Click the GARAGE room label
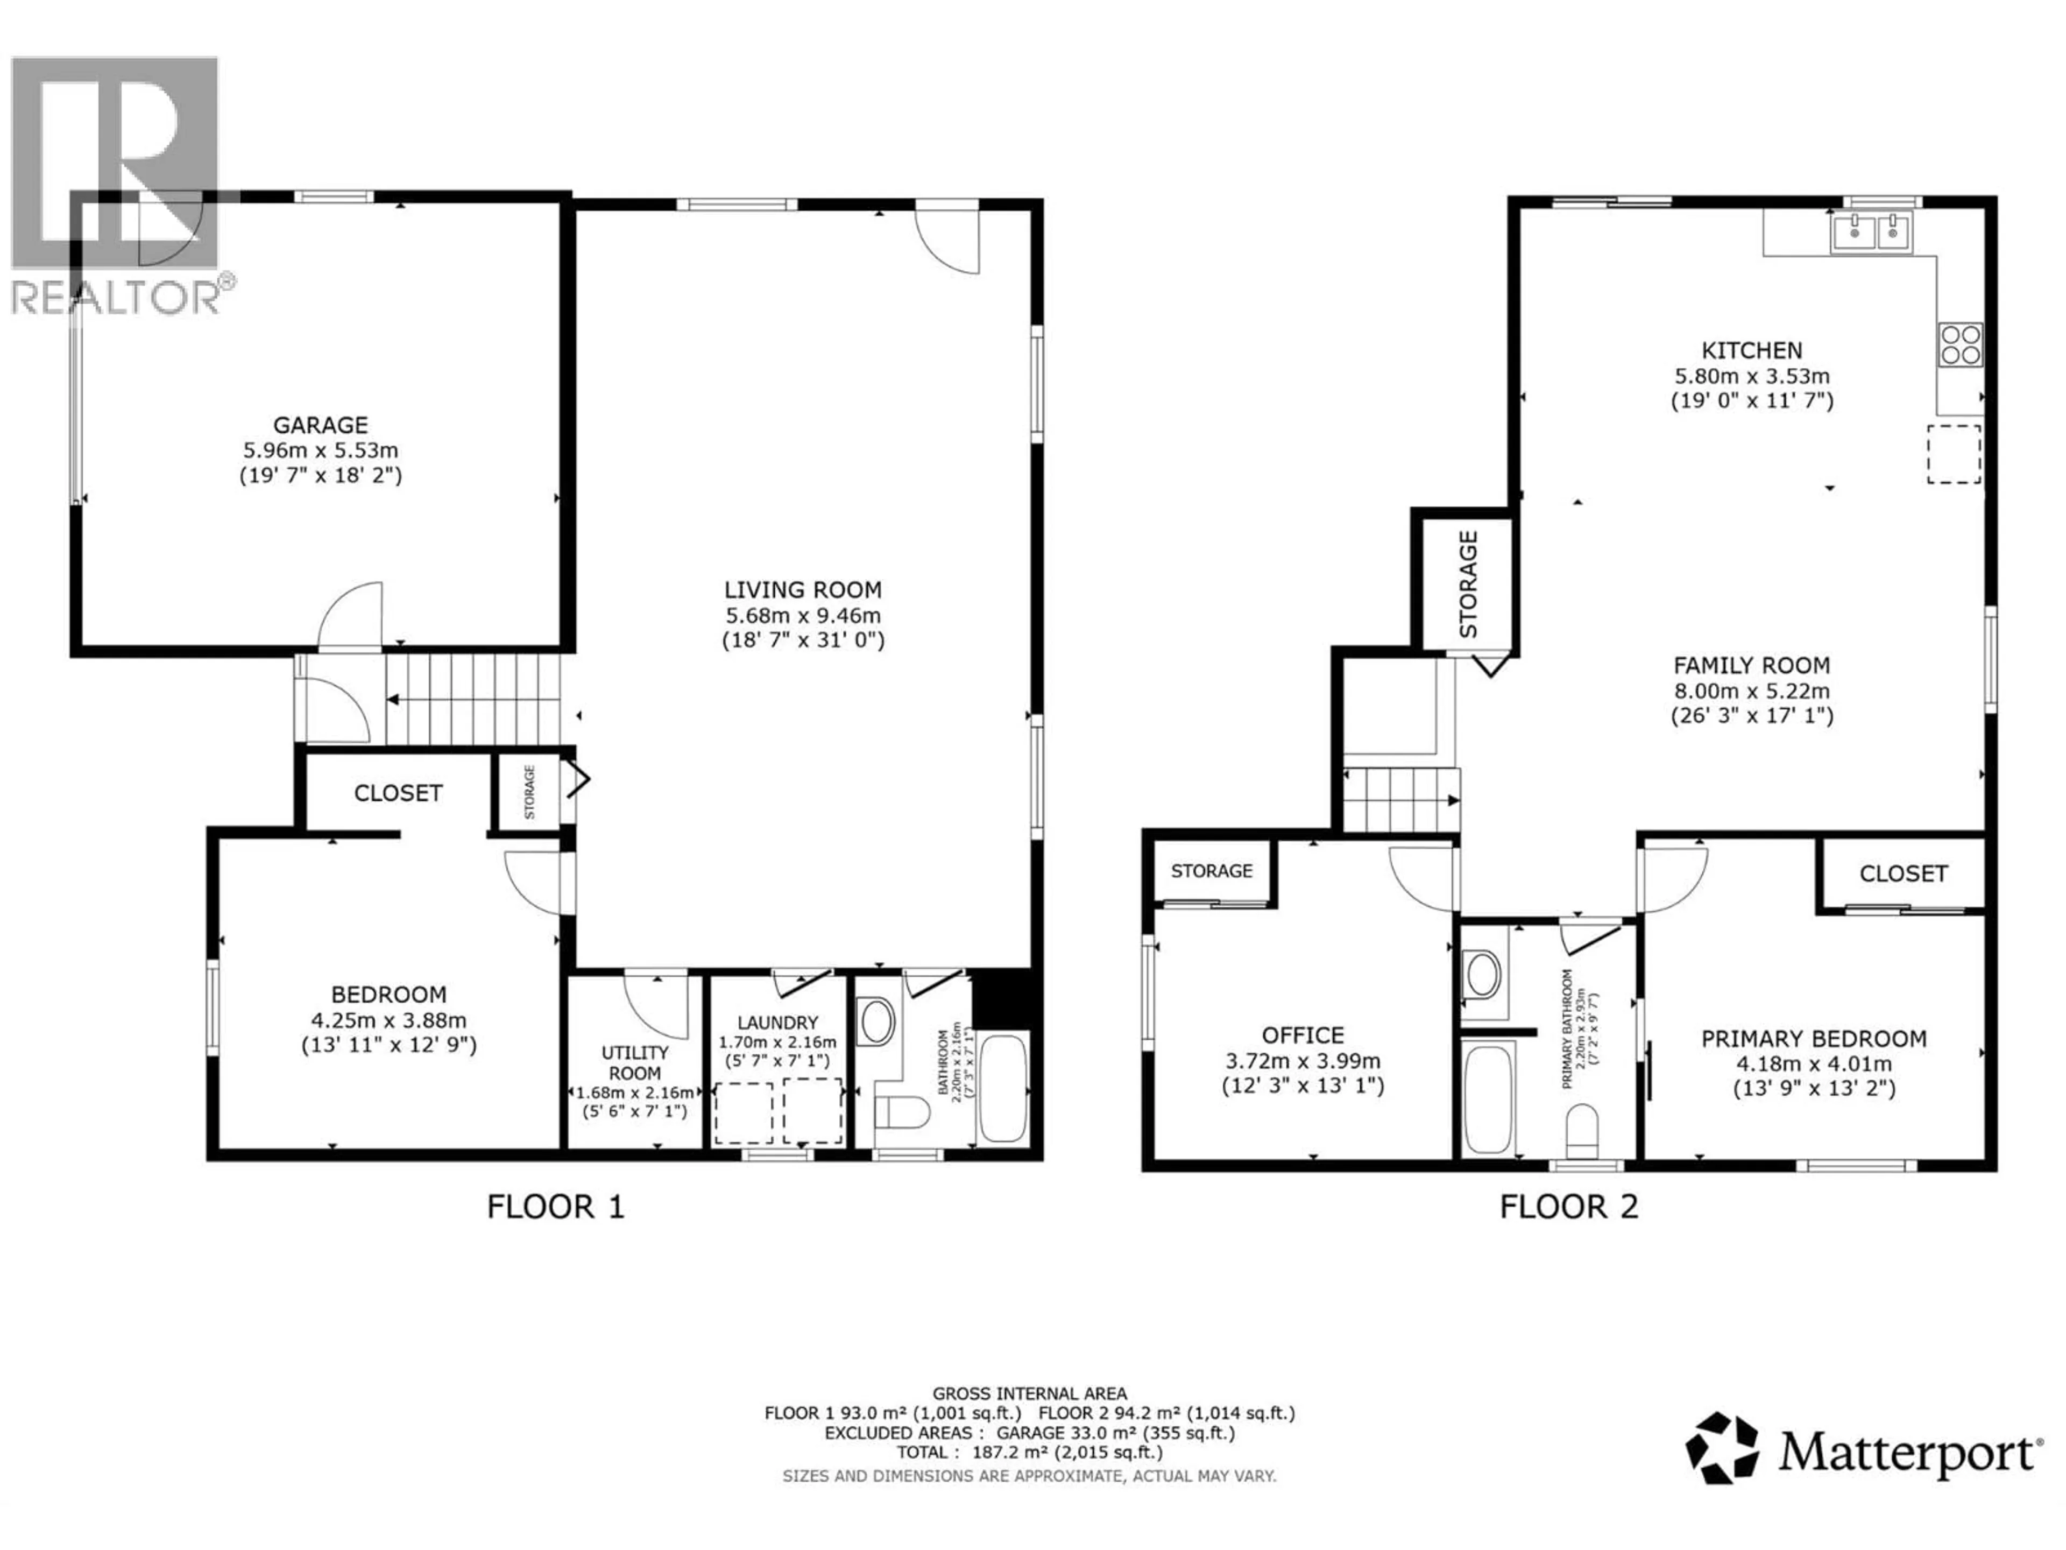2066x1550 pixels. click(320, 425)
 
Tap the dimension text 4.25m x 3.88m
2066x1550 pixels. click(388, 1020)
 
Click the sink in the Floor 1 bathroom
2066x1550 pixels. click(875, 1021)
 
